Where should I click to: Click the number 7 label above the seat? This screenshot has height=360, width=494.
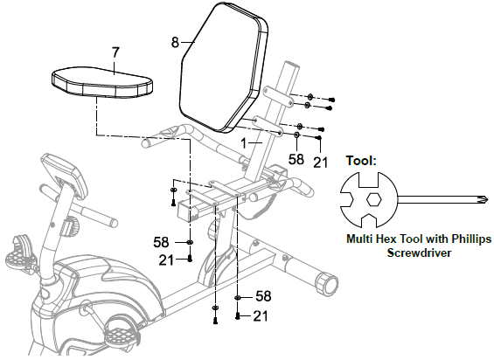point(116,52)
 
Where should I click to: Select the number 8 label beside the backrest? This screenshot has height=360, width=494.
point(175,42)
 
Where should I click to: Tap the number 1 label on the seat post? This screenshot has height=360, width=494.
point(243,143)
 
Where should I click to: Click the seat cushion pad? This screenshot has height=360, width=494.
point(102,81)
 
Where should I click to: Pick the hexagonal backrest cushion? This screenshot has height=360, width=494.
point(224,66)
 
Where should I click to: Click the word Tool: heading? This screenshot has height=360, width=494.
point(361,161)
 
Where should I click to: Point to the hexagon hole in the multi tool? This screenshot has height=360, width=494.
point(373,199)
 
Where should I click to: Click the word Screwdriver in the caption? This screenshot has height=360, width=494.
point(419,253)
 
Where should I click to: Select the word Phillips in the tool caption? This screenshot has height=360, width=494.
point(471,239)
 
